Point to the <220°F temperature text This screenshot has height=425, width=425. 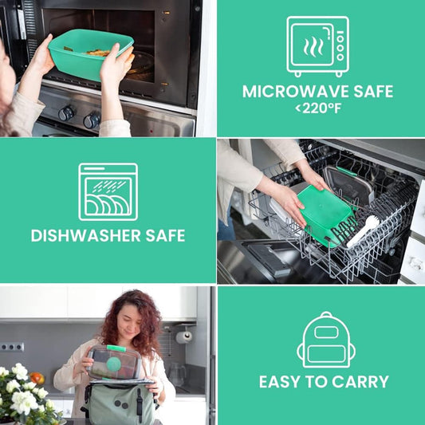pos(318,108)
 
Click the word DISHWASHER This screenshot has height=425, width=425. pos(85,235)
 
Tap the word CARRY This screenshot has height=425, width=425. pos(360,382)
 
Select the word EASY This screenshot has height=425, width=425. pos(280,382)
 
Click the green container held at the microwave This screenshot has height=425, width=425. pos(89,53)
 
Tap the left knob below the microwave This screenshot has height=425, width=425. pos(66,113)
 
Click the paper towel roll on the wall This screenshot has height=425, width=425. pos(183,337)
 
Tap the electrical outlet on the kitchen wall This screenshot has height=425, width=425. pos(12,347)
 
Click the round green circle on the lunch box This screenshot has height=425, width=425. pos(114,364)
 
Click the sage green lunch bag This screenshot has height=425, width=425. pos(120,403)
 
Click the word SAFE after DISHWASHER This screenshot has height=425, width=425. pos(165,235)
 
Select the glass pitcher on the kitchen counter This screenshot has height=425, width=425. pos(177,374)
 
